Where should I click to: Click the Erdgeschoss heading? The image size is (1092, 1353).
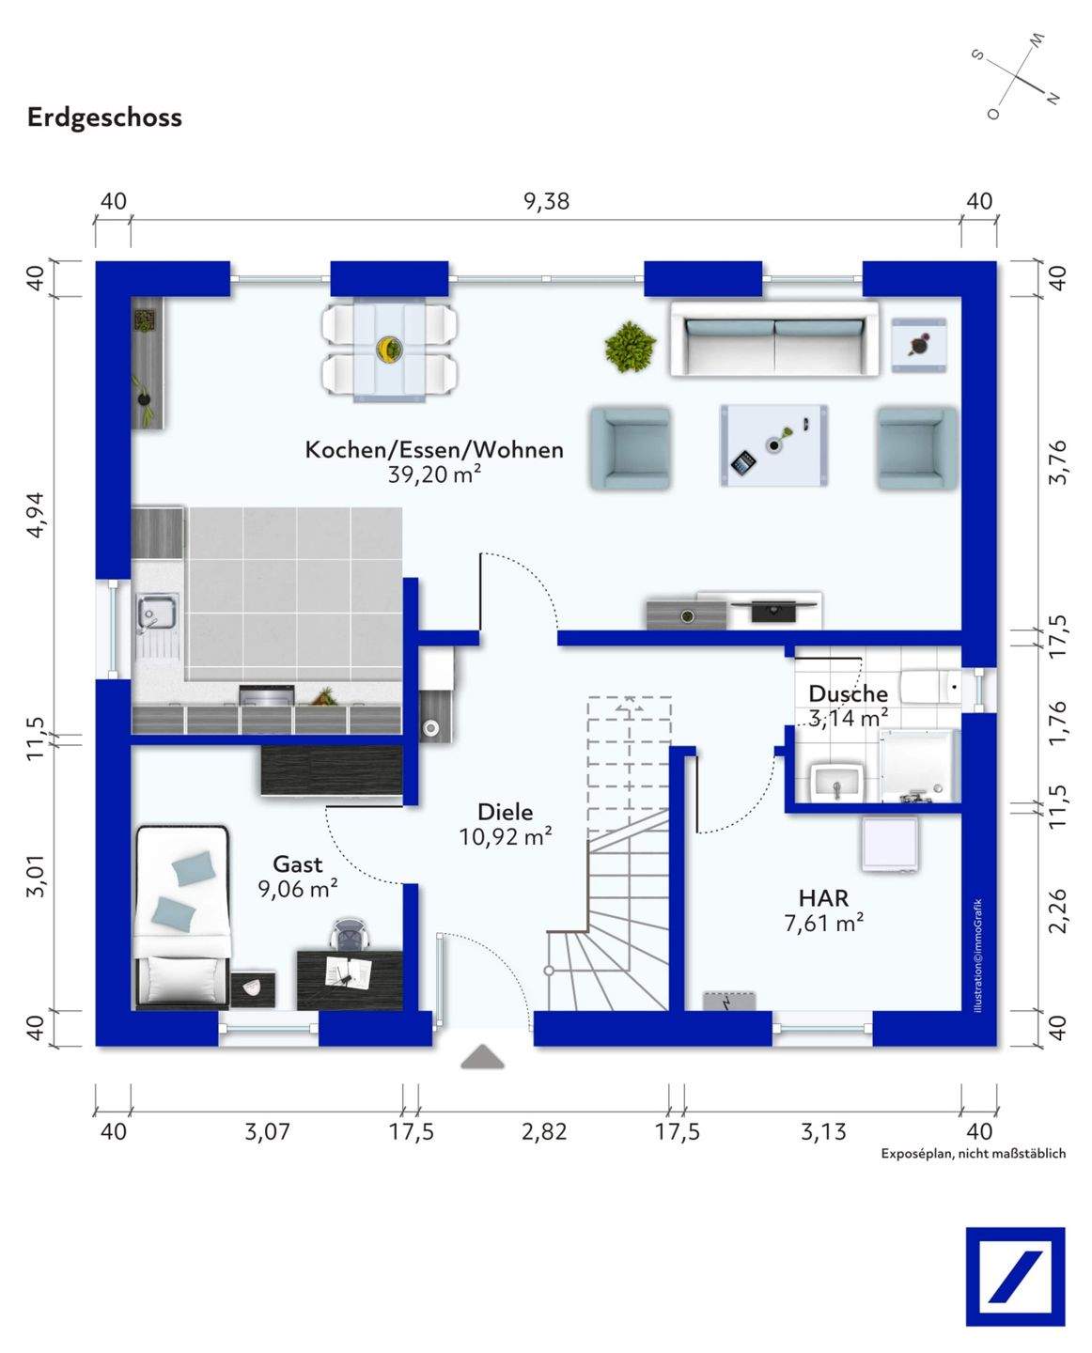(x=104, y=118)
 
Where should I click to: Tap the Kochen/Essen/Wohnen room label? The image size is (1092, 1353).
(x=434, y=450)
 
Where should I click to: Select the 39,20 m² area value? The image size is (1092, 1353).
(x=434, y=474)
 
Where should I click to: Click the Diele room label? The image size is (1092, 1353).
(x=505, y=812)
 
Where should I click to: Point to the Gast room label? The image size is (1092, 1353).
(x=298, y=863)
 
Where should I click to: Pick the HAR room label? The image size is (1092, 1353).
(x=823, y=898)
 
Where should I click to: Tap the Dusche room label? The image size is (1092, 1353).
(x=848, y=693)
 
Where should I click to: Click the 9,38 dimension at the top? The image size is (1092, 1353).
(x=547, y=201)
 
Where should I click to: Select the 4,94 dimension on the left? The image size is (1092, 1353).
(x=37, y=514)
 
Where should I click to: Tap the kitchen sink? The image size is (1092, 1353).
(x=157, y=612)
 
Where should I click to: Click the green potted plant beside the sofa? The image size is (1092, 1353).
(x=630, y=347)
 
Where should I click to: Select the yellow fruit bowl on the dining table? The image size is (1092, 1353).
(x=389, y=349)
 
